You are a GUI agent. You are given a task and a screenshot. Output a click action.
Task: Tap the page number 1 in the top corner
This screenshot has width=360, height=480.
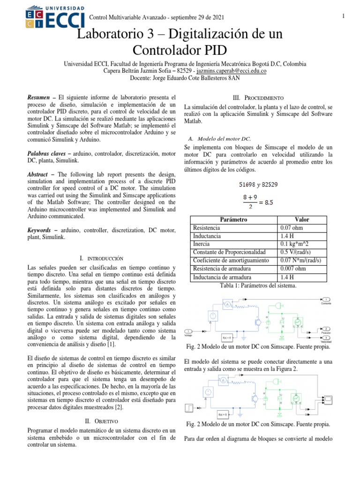point(344,17)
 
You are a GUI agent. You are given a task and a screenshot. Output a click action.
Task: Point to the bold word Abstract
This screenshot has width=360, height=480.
point(41,174)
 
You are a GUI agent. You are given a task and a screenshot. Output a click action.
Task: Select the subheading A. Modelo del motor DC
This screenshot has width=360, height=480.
point(219,139)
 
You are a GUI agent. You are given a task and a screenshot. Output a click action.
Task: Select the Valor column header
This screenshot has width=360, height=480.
point(301,219)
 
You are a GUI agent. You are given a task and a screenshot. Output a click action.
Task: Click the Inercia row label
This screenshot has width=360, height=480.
point(202,244)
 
